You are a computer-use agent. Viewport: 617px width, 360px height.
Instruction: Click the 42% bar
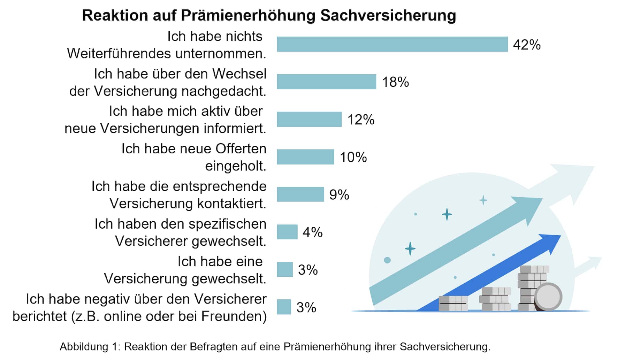392,44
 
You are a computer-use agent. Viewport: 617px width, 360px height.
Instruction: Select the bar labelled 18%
327,82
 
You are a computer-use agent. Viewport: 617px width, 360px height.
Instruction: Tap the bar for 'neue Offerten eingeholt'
306,157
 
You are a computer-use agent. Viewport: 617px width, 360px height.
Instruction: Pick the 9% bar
300,194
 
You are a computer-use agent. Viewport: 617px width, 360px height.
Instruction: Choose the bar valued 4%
287,232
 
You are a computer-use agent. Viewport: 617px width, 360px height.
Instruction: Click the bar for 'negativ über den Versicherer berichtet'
284,307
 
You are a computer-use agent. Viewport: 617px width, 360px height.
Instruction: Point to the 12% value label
361,120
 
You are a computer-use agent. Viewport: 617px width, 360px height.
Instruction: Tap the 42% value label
527,45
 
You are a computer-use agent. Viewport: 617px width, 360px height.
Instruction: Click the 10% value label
353,157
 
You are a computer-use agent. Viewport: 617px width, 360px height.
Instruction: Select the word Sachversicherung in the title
388,15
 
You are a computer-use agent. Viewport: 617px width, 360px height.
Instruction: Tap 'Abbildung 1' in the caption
89,347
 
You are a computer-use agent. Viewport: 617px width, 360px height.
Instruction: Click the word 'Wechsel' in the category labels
239,74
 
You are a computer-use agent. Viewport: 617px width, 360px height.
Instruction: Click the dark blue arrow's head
549,243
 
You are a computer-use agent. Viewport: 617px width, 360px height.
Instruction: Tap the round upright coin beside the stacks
548,297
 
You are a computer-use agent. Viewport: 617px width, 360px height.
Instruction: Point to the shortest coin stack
453,303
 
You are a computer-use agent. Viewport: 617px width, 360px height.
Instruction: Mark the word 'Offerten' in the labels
241,149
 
